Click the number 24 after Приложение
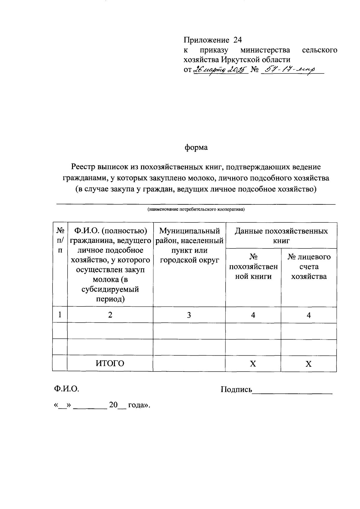click(237, 40)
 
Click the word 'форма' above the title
click(196, 148)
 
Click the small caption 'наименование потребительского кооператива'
click(196, 209)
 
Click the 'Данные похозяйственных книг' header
click(281, 236)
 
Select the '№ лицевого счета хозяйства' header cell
click(309, 267)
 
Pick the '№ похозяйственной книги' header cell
click(253, 267)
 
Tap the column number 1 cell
click(60, 315)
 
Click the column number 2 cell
click(110, 315)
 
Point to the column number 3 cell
click(189, 315)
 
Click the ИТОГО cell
click(110, 363)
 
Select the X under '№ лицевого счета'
click(308, 364)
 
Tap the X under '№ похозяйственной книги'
click(253, 364)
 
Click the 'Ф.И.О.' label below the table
click(66, 389)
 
